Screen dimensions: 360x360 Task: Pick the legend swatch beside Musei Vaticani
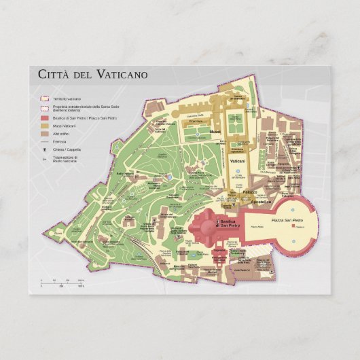point(44,126)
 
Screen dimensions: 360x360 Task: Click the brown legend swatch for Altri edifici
point(44,134)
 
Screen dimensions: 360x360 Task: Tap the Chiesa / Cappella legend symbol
point(44,149)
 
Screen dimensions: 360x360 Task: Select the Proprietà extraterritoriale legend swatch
point(44,108)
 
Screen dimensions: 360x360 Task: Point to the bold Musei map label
point(215,131)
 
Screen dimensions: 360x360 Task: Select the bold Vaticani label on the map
point(237,164)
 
